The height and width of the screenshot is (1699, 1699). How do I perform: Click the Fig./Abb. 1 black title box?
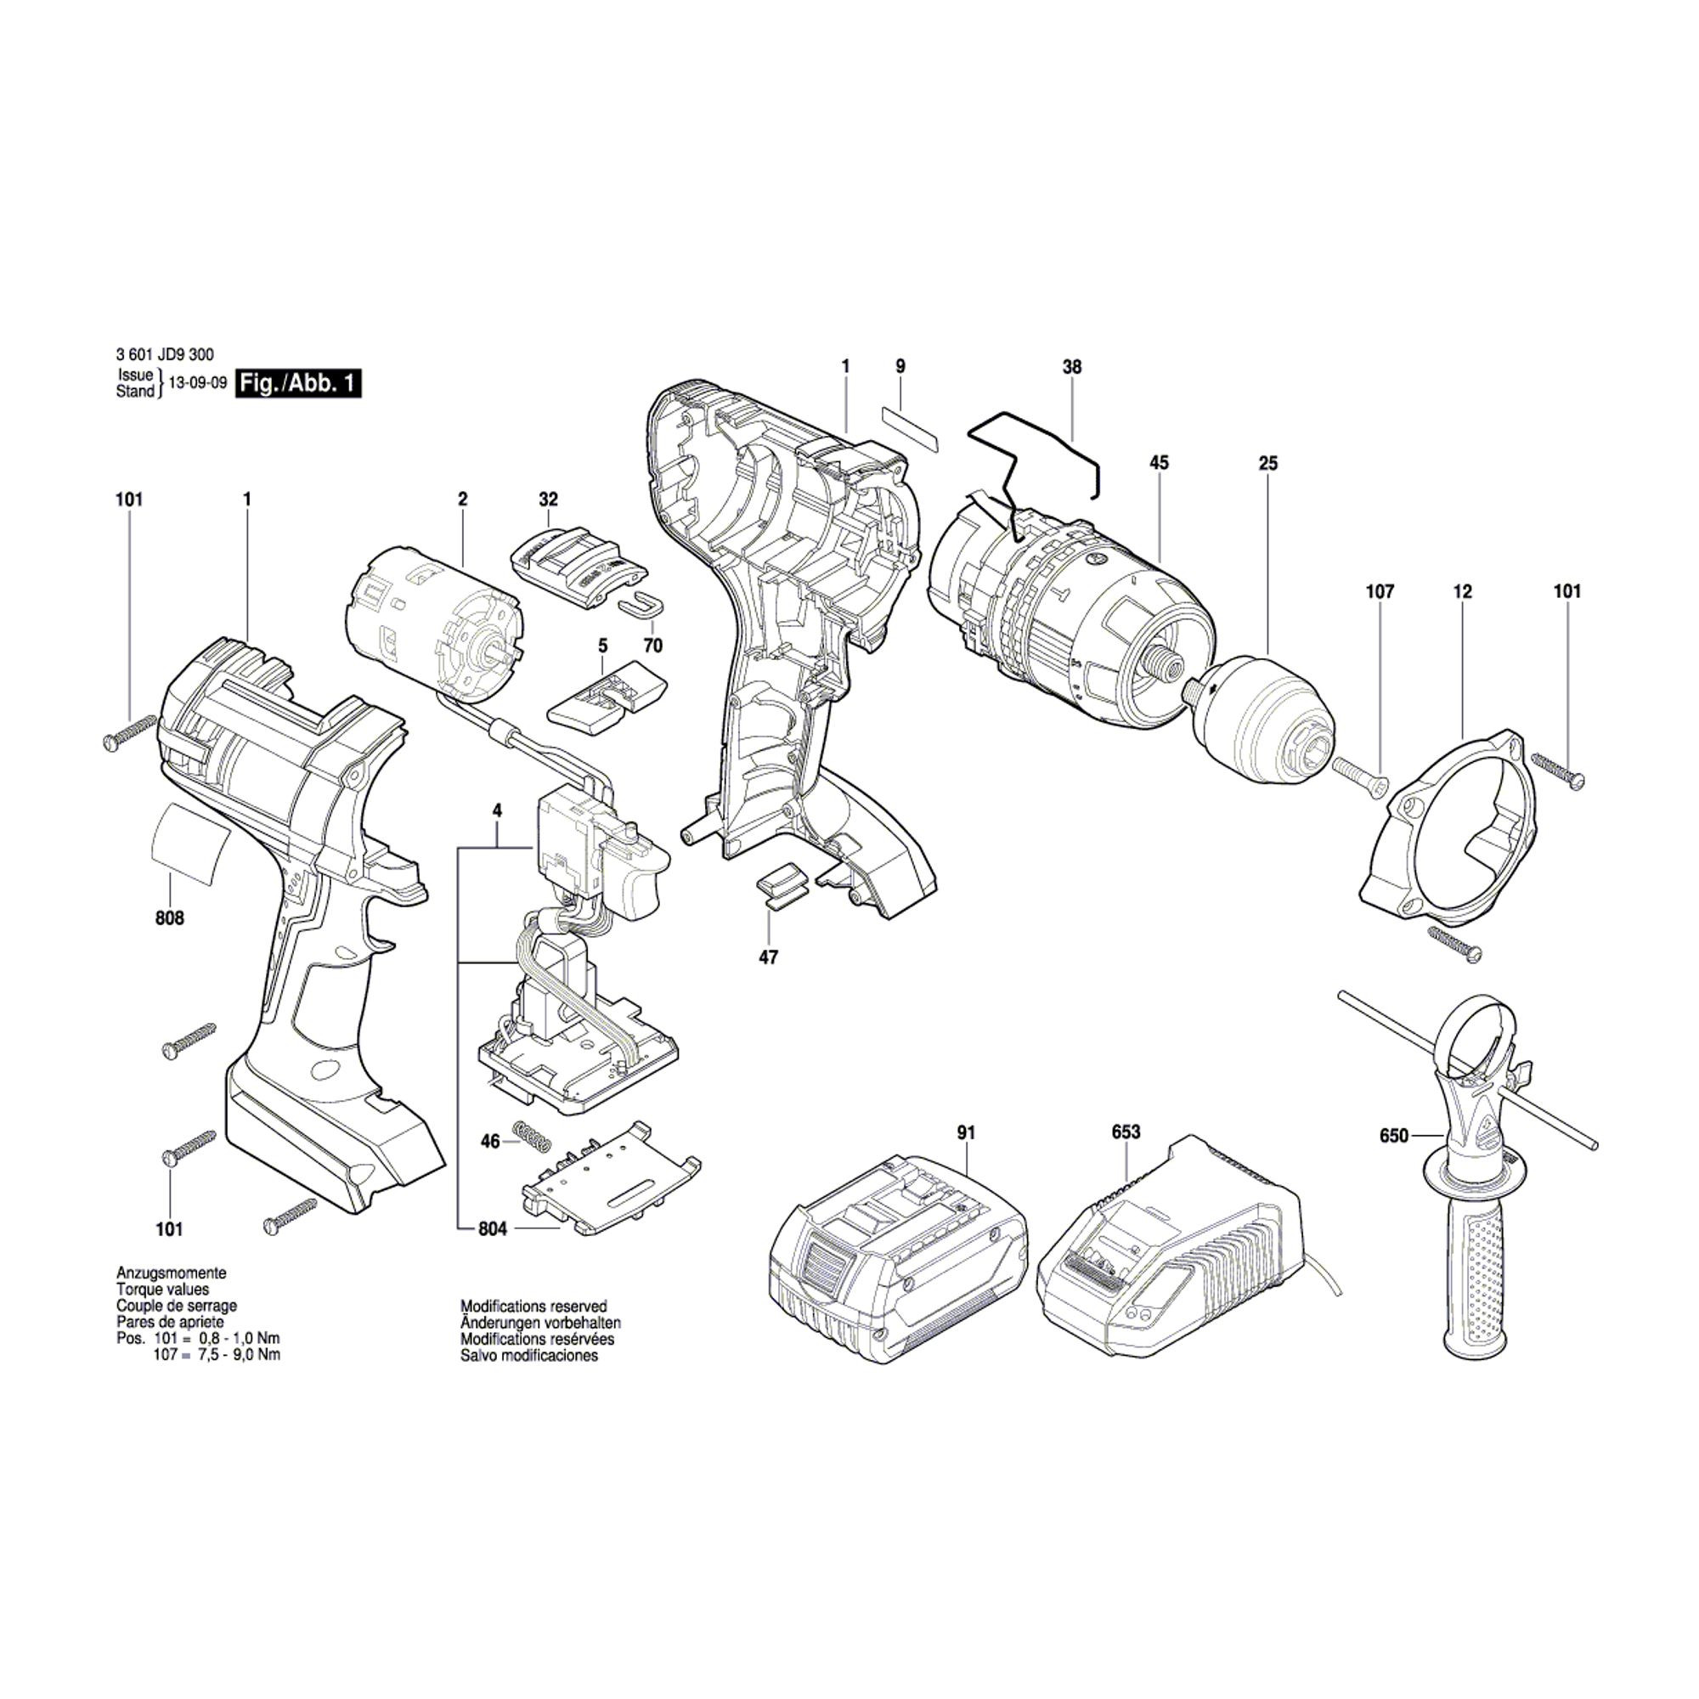tap(298, 384)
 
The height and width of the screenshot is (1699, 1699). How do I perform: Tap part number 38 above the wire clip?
tap(1072, 367)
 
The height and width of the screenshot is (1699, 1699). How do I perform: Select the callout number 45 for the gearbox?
tap(1159, 463)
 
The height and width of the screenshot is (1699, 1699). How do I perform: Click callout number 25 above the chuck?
tap(1267, 463)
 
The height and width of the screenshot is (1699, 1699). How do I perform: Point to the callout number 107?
tap(1379, 592)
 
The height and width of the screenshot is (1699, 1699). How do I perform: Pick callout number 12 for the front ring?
tap(1463, 592)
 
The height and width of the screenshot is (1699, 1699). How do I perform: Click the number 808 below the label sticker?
tap(170, 918)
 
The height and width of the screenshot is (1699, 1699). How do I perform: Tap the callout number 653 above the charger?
tap(1126, 1132)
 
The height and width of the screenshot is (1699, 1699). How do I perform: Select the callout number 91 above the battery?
tap(967, 1133)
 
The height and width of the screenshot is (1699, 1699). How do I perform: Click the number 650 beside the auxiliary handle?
tap(1394, 1136)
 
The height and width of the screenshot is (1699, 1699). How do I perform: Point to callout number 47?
tap(768, 957)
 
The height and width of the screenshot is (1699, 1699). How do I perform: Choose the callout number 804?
tap(494, 1229)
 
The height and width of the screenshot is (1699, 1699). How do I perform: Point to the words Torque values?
tap(163, 1290)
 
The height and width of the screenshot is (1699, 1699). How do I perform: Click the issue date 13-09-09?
tap(192, 383)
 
